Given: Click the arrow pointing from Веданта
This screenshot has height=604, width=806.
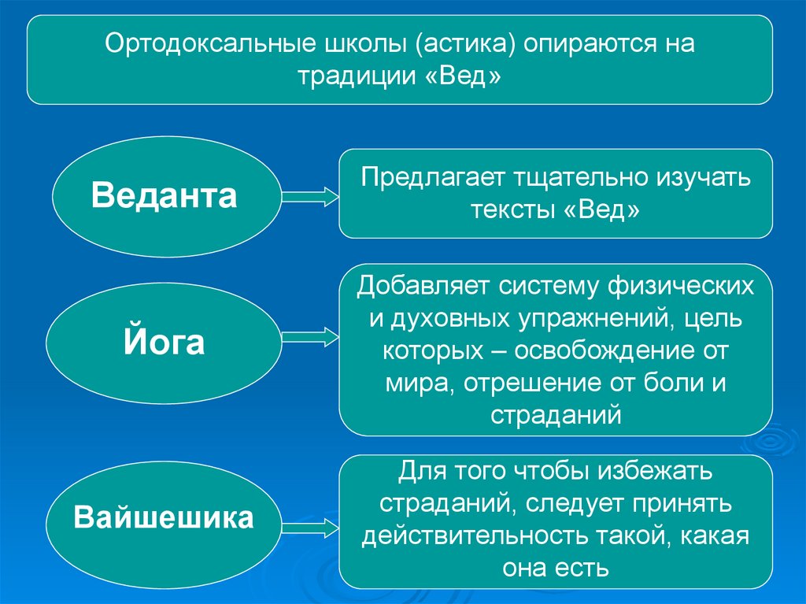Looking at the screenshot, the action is pyautogui.click(x=307, y=197).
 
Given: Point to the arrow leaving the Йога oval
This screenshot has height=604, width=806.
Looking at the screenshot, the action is pyautogui.click(x=307, y=338).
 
